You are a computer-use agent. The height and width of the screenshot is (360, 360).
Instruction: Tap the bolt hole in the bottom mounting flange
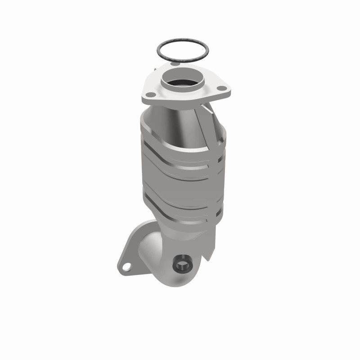tap(127, 267)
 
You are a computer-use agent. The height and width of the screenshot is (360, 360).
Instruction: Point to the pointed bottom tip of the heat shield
tap(208, 259)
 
